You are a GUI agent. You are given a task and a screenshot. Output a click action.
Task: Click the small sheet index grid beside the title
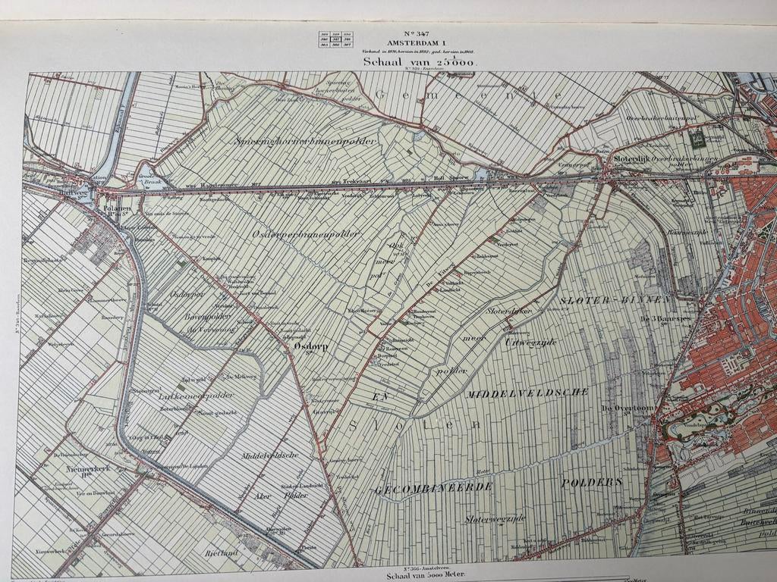(337, 40)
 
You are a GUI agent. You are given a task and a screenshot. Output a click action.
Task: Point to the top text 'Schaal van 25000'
(418, 62)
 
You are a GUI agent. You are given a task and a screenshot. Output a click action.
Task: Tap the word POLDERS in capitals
(592, 482)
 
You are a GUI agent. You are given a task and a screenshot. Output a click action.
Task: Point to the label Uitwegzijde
(530, 342)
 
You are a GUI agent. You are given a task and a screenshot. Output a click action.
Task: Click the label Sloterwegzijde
(495, 518)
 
